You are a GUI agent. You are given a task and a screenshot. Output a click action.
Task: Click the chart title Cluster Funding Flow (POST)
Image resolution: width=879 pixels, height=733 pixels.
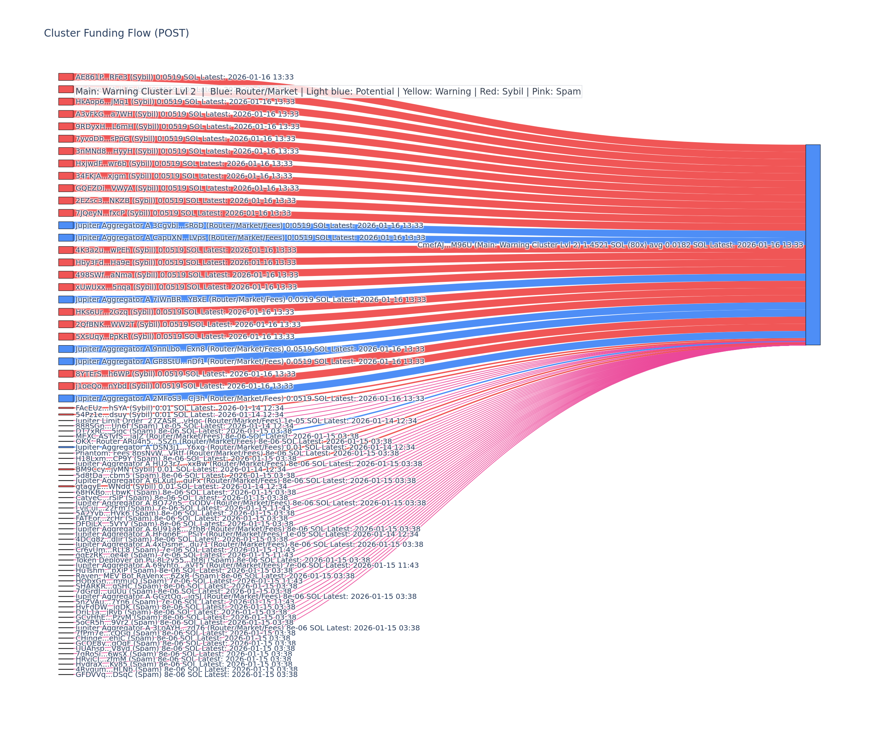[x=116, y=33]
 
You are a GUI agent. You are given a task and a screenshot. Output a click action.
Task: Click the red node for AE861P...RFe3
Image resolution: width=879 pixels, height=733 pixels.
[x=66, y=77]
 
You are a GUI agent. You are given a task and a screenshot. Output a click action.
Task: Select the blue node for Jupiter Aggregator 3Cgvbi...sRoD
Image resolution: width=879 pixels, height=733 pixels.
[x=66, y=225]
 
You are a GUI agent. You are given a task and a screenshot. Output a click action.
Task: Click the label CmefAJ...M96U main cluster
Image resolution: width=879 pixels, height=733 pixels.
[x=610, y=245]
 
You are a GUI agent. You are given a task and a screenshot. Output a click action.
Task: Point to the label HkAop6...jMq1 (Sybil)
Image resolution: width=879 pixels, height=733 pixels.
[x=185, y=102]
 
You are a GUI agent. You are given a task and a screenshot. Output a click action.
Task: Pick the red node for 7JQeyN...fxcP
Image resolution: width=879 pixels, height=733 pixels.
[x=66, y=213]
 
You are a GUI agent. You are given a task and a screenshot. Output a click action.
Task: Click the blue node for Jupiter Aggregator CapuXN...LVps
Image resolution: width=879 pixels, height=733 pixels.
[x=66, y=238]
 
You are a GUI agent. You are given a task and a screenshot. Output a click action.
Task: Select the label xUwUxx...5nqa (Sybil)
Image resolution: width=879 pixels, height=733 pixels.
[x=186, y=287]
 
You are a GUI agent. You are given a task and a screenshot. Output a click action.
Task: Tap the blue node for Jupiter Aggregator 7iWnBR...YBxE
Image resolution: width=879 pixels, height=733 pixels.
[x=66, y=299]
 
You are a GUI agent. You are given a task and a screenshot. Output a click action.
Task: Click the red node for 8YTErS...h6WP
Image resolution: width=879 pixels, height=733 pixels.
[x=66, y=373]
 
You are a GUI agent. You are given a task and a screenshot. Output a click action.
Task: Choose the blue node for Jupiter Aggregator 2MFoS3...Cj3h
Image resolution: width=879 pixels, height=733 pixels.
[x=66, y=398]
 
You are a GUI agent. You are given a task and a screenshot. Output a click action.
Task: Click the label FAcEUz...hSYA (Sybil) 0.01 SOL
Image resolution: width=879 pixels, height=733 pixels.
[x=179, y=408]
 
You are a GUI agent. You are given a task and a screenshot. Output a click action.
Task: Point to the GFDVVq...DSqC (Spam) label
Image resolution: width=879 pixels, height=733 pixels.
[x=186, y=674]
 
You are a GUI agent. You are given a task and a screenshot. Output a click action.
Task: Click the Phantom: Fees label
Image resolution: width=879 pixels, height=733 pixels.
[x=237, y=453]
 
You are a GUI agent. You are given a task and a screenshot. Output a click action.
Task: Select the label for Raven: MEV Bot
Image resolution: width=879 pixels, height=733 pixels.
[x=215, y=576]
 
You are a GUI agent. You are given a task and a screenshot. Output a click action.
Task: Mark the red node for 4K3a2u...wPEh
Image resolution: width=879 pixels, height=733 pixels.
[x=66, y=250]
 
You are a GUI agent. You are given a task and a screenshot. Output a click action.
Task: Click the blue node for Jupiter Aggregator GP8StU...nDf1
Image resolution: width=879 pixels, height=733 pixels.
[x=66, y=361]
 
